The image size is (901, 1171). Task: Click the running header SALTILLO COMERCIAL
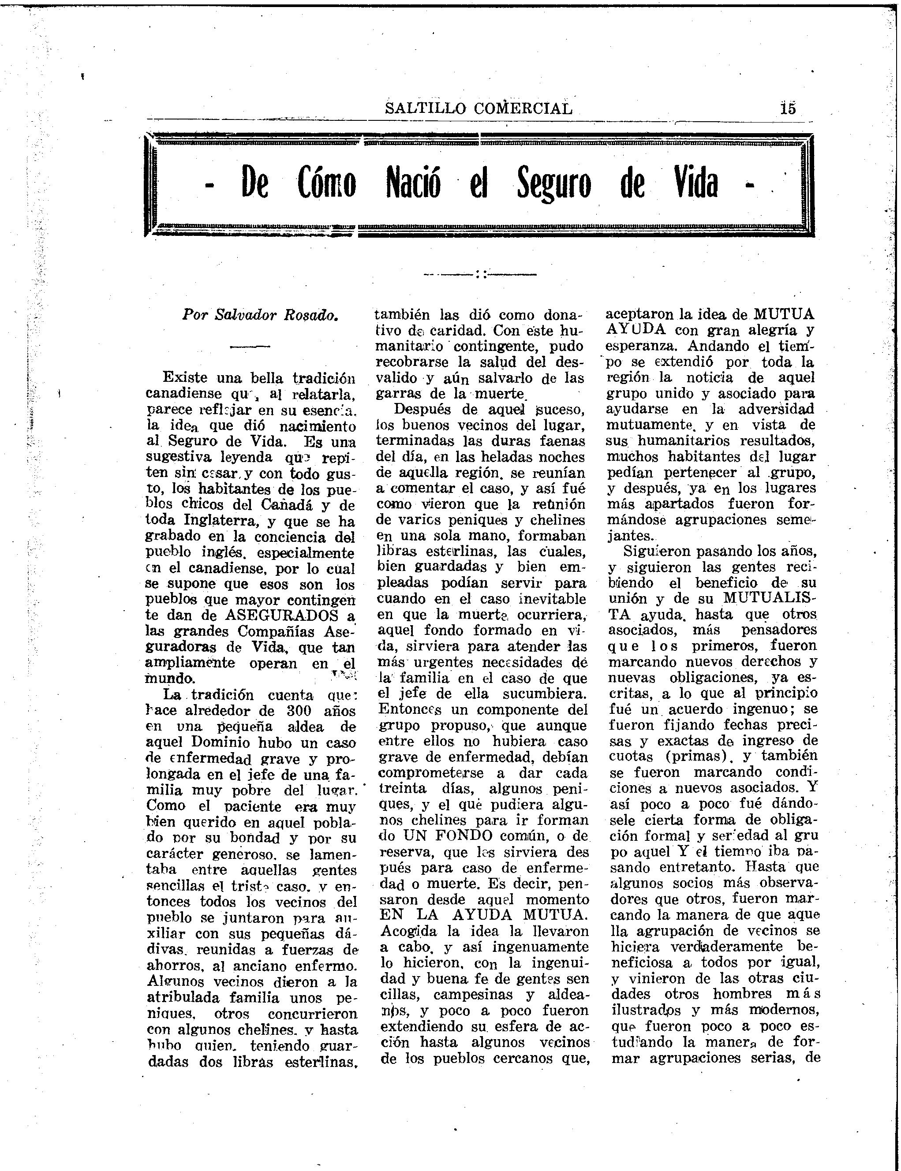pos(479,108)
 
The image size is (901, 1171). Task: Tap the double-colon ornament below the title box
pos(480,275)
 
